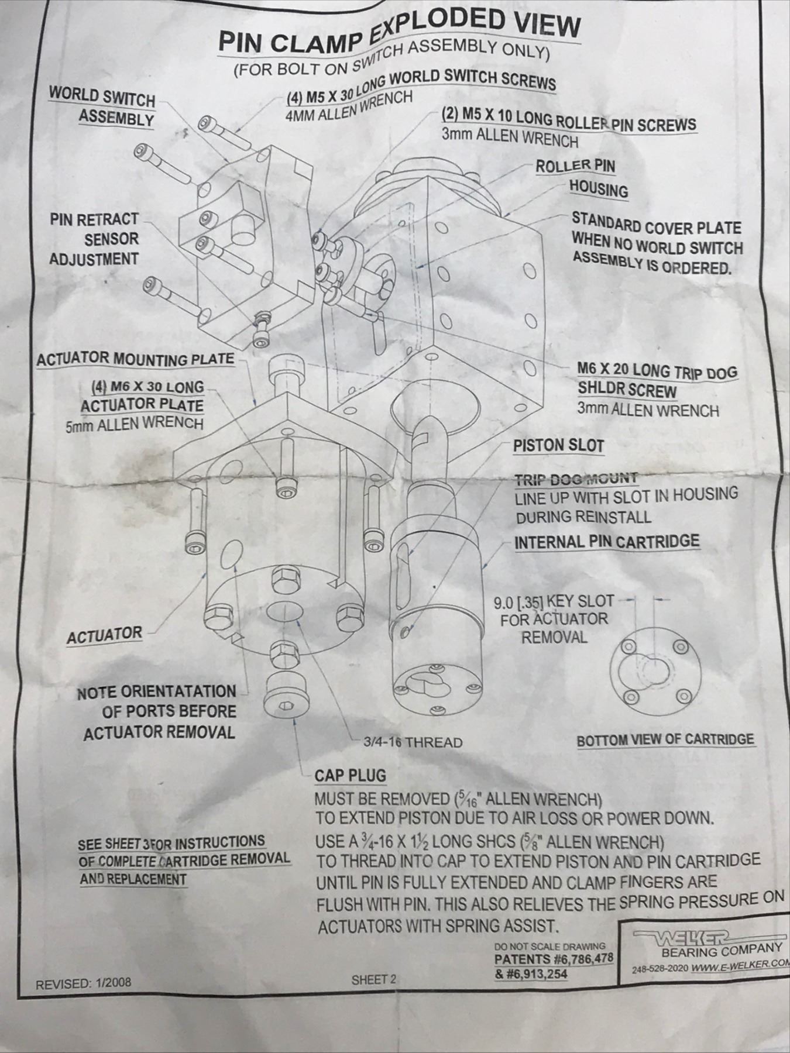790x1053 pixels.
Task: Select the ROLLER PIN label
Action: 575,166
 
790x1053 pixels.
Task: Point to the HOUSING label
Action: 598,190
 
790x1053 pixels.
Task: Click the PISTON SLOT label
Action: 558,446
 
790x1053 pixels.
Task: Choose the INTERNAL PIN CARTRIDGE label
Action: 606,542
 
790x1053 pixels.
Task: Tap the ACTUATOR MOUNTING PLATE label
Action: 135,359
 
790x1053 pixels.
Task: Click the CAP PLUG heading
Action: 350,776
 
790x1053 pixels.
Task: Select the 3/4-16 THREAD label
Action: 413,742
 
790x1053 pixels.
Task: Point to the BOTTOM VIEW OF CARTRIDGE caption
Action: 665,740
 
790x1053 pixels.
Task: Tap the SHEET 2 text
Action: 374,979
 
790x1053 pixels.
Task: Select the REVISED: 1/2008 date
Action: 84,984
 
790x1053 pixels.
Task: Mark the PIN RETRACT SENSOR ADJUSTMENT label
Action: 94,239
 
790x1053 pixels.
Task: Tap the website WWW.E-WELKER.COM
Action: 741,966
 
